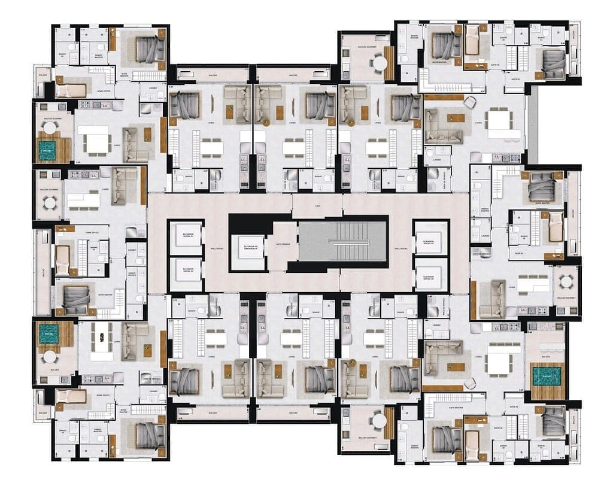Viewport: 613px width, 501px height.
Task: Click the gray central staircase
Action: pos(342,241)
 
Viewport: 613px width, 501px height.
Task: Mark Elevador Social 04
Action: pos(431,278)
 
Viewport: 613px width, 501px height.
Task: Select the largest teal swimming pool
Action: pos(547,376)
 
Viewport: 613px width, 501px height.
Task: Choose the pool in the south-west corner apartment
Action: pos(48,334)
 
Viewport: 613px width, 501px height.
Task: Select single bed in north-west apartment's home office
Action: pos(71,90)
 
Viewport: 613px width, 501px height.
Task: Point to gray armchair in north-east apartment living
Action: pos(470,102)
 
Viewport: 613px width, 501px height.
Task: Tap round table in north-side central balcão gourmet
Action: pos(379,62)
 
